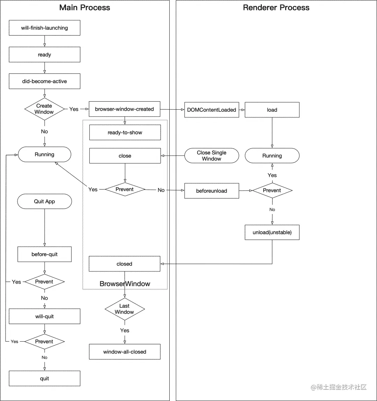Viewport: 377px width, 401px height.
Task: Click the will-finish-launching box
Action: pos(44,28)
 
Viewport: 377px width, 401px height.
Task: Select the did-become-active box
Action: pos(44,81)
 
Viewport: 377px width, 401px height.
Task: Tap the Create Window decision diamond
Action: pos(44,109)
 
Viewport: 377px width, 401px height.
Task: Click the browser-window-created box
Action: pos(125,109)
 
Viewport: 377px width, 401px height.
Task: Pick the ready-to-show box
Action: pos(125,132)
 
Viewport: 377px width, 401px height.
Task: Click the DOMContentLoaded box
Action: pos(212,110)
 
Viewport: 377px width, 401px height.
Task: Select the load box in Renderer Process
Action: pos(272,110)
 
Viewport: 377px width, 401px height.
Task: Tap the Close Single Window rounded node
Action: pos(212,156)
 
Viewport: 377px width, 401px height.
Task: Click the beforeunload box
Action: pos(212,191)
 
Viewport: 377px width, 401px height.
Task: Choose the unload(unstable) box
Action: pos(272,233)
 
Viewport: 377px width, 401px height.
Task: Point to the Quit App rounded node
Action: pos(44,202)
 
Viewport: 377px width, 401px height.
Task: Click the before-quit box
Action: pos(44,254)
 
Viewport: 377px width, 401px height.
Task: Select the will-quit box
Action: pos(44,316)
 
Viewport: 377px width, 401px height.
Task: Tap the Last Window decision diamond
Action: pos(125,309)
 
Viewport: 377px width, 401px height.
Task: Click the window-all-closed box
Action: pos(125,352)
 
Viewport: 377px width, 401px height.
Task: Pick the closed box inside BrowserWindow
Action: pos(125,264)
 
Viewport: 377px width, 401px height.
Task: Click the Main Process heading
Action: pos(84,8)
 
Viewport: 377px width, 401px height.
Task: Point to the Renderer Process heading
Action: pos(276,8)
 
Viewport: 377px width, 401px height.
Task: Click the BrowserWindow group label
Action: pos(125,284)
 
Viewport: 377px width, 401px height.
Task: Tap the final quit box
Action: pos(44,379)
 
